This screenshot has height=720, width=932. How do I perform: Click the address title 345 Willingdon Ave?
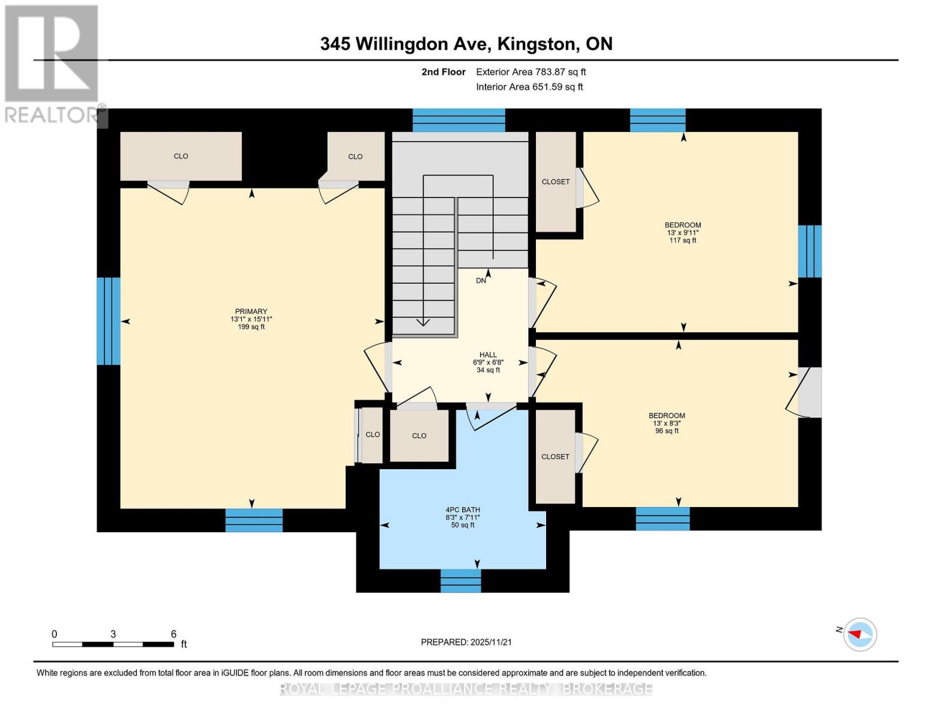pyautogui.click(x=466, y=44)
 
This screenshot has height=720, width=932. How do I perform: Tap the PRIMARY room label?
pyautogui.click(x=251, y=319)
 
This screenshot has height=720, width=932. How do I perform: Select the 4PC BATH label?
pyautogui.click(x=463, y=517)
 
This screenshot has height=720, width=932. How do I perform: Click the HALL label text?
pyautogui.click(x=488, y=362)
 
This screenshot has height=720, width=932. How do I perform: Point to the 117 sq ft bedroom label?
pyautogui.click(x=683, y=233)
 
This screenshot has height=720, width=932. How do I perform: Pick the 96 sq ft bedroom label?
pyautogui.click(x=667, y=423)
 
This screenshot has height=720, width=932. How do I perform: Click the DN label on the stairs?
pyautogui.click(x=481, y=281)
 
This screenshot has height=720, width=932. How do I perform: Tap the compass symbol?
pyautogui.click(x=859, y=634)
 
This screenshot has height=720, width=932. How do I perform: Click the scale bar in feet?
pyautogui.click(x=113, y=644)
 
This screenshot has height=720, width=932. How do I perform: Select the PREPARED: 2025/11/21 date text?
pyautogui.click(x=466, y=642)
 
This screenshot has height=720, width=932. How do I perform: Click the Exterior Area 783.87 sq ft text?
pyautogui.click(x=531, y=72)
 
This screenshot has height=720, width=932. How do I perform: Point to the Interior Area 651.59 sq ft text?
pyautogui.click(x=529, y=87)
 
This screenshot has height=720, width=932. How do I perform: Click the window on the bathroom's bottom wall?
pyautogui.click(x=461, y=581)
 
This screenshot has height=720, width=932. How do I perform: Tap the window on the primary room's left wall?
pyautogui.click(x=109, y=321)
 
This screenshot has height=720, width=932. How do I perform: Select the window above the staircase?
pyautogui.click(x=458, y=120)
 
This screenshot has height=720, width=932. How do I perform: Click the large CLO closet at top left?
pyautogui.click(x=181, y=156)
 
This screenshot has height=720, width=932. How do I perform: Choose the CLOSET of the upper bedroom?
pyautogui.click(x=556, y=182)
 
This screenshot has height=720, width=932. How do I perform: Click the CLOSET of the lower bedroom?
pyautogui.click(x=555, y=457)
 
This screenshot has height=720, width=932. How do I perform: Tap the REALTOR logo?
pyautogui.click(x=52, y=63)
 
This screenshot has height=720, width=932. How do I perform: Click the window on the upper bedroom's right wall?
pyautogui.click(x=810, y=251)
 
